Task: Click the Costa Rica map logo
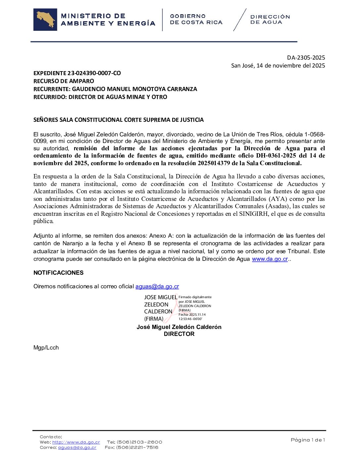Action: tap(45, 20)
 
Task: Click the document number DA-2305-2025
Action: tap(306, 58)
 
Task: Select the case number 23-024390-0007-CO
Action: tap(94, 73)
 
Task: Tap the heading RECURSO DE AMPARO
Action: tap(64, 81)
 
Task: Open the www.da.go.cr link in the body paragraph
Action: tap(270, 259)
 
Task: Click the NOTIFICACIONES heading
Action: tap(59, 273)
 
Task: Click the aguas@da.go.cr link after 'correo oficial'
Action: tap(157, 287)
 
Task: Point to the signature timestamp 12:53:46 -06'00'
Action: tap(190, 319)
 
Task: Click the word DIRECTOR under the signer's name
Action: tap(179, 334)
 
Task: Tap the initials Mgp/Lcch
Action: tap(46, 348)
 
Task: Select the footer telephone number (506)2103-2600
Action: tap(139, 442)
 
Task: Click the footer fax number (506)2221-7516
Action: tap(137, 447)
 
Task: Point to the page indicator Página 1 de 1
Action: tap(308, 440)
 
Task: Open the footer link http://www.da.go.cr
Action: tap(76, 442)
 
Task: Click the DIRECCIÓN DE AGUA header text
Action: tap(270, 20)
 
